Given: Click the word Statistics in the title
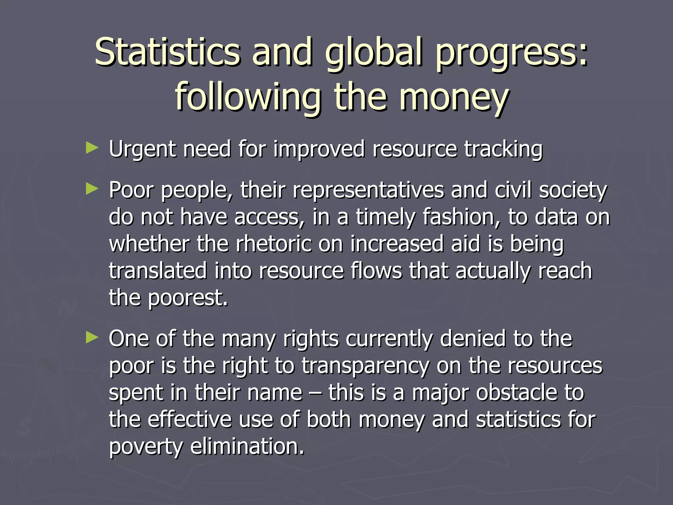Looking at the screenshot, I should coord(168,52).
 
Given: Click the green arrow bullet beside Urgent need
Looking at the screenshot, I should coord(92,148).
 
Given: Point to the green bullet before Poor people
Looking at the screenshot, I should coord(92,189).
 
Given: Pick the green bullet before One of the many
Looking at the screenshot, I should coord(92,337).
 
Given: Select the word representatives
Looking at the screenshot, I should coord(368,191).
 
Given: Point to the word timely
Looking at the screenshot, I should coord(385,218).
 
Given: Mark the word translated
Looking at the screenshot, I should coord(158,271).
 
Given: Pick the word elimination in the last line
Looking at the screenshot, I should coord(247,446).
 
